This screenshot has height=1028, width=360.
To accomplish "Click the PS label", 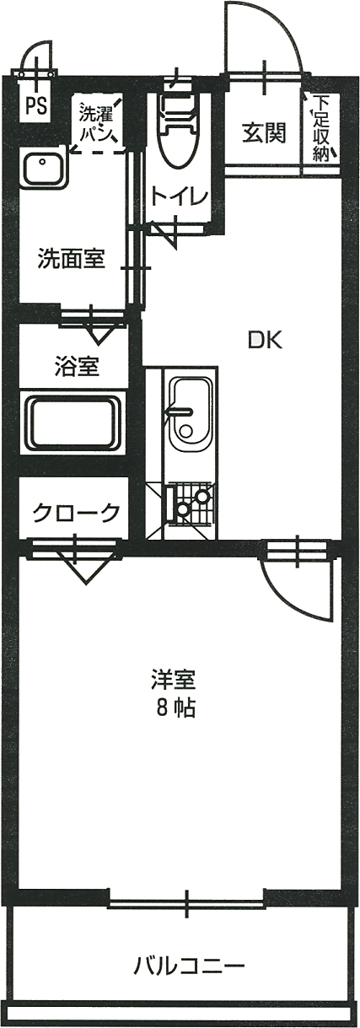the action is pyautogui.click(x=35, y=106).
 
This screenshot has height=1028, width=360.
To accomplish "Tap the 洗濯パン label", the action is pyautogui.click(x=96, y=123).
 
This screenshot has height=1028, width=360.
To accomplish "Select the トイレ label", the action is pyautogui.click(x=180, y=196).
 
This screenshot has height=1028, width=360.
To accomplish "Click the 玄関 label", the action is pyautogui.click(x=265, y=133).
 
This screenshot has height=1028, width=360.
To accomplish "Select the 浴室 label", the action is pyautogui.click(x=77, y=366).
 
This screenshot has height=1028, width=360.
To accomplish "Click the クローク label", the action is pyautogui.click(x=76, y=512).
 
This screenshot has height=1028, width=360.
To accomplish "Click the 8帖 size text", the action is pyautogui.click(x=176, y=708).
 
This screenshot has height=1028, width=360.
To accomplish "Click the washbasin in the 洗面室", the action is pyautogui.click(x=45, y=165).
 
